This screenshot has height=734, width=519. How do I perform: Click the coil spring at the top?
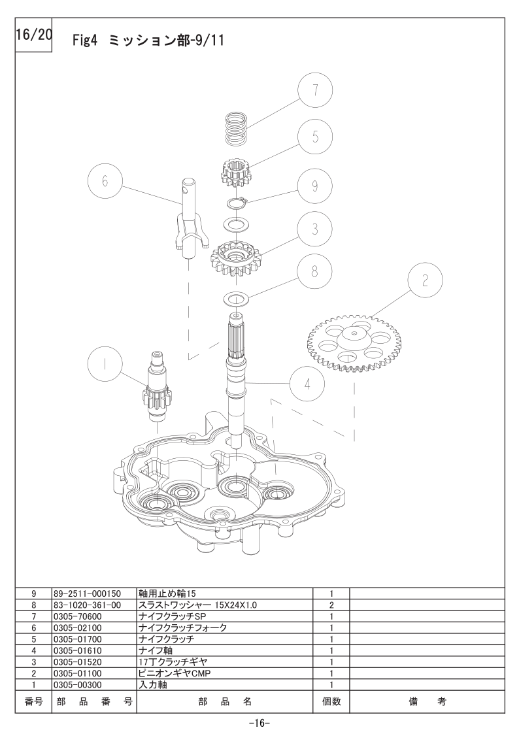(x=236, y=128)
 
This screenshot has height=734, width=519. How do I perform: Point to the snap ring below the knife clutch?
(x=237, y=203)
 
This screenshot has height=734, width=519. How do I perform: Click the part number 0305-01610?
(x=77, y=651)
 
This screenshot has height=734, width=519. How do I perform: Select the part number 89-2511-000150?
(x=87, y=593)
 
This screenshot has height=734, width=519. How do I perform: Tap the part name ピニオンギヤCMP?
(x=175, y=673)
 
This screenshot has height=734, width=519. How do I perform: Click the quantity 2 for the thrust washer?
(x=331, y=605)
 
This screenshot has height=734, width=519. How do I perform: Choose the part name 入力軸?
(x=153, y=685)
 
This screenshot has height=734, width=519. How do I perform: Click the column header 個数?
(x=331, y=701)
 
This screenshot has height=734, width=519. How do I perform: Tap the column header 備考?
(x=427, y=701)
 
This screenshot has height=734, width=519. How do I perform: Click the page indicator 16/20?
(x=33, y=35)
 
